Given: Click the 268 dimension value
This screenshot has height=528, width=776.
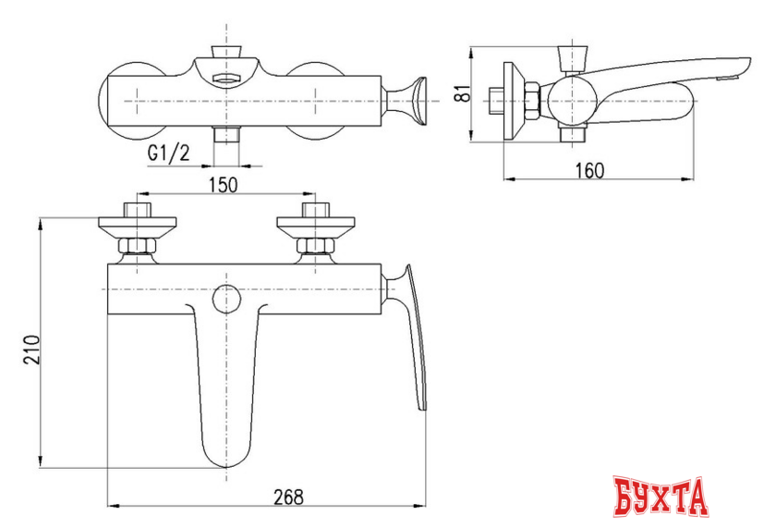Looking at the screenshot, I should (288, 496).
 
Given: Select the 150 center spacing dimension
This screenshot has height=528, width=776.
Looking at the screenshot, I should (222, 184).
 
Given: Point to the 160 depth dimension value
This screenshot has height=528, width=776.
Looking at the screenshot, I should (589, 169).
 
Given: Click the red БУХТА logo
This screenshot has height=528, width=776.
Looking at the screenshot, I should (661, 497).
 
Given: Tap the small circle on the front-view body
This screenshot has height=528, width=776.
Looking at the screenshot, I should (224, 298).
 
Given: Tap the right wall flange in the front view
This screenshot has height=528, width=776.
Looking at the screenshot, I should (314, 225).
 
